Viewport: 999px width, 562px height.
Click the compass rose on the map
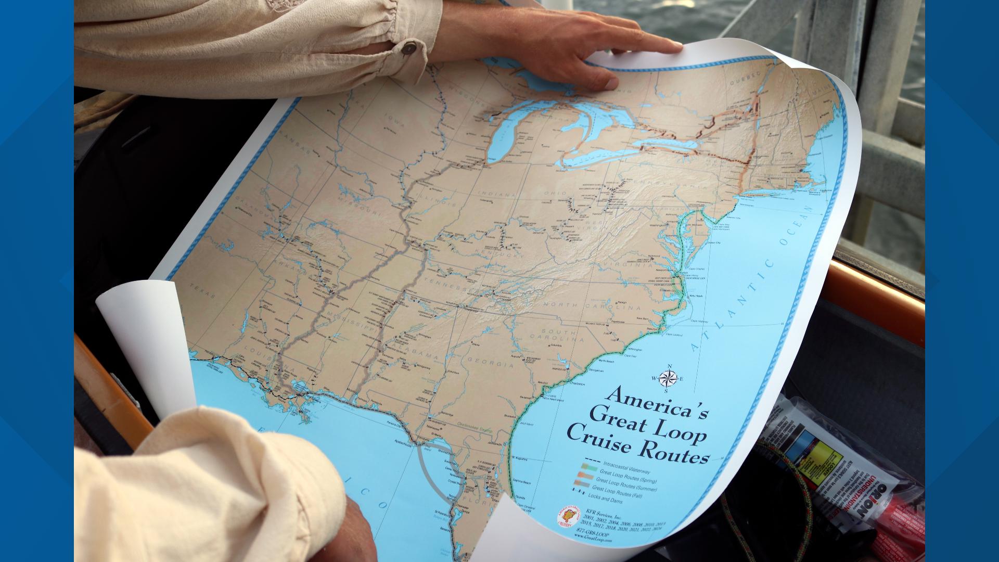(x=668, y=378)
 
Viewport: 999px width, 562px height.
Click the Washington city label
(x=659, y=227)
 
